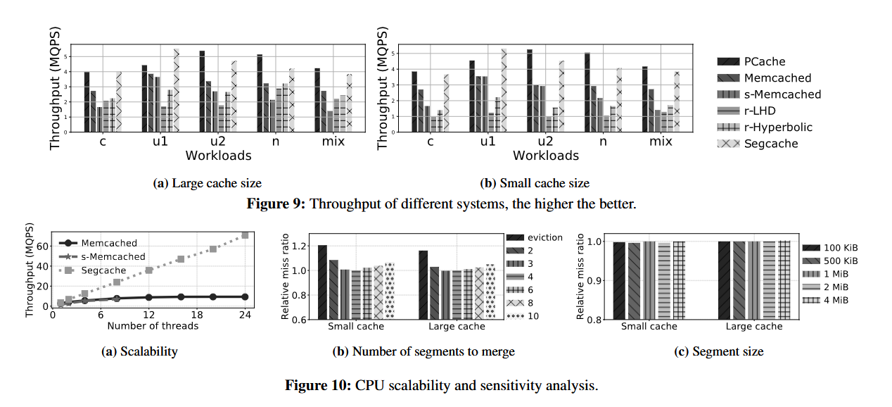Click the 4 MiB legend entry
tap(840, 300)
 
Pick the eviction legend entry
tap(546, 237)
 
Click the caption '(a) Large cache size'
tap(207, 183)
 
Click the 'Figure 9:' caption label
tap(276, 204)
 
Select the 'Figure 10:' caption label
tap(318, 385)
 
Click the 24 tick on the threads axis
tap(245, 315)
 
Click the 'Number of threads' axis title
tap(152, 325)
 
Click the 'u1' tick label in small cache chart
tap(487, 141)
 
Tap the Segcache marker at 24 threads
tap(245, 235)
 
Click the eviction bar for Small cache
tap(322, 282)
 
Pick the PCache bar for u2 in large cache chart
tap(202, 92)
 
